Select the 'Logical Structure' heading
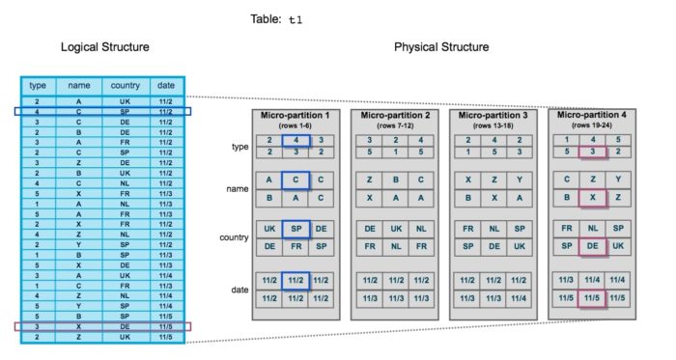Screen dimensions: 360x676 tap(104, 46)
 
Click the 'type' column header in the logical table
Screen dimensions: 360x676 tap(39, 85)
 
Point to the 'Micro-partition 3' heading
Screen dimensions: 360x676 tap(490, 115)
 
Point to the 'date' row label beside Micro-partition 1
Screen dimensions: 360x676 tap(228, 290)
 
